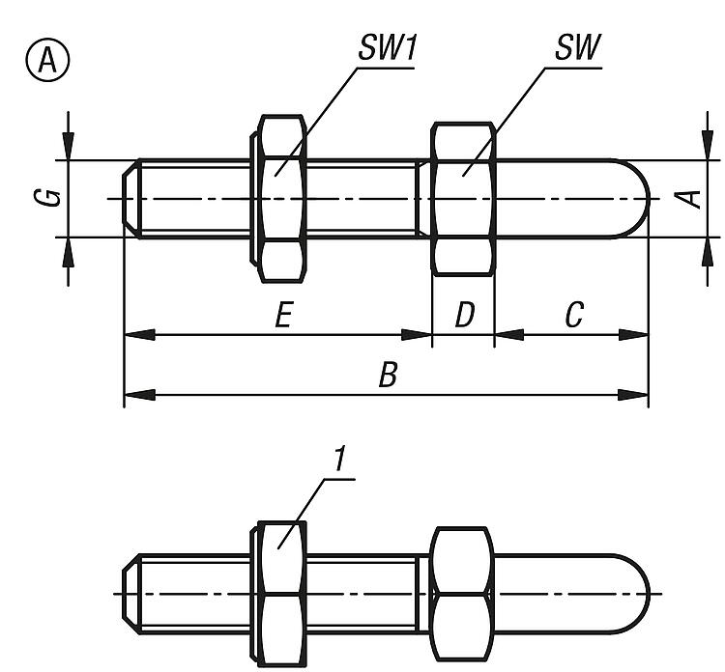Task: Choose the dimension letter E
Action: point(282,316)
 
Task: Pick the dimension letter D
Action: point(464,316)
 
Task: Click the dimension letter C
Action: point(574,316)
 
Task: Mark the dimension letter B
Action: point(387,376)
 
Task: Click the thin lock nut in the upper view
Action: point(281,198)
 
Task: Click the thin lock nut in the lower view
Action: point(281,593)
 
